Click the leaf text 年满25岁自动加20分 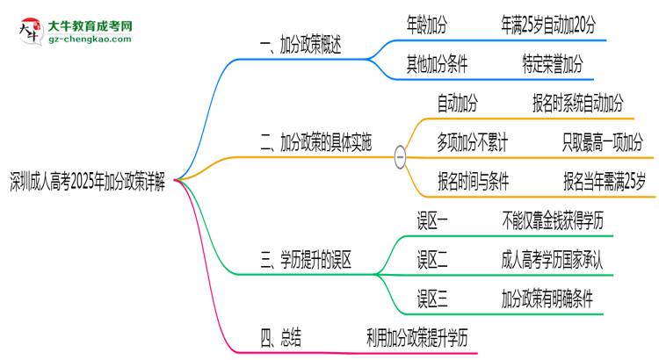(x=547, y=25)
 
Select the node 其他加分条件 (x=437, y=64)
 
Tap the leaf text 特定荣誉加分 (x=552, y=64)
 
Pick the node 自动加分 (x=458, y=104)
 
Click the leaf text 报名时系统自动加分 (x=578, y=104)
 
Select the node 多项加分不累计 (x=471, y=143)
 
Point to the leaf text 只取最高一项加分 (x=602, y=143)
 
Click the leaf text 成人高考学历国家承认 (x=560, y=260)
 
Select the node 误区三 (x=433, y=299)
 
